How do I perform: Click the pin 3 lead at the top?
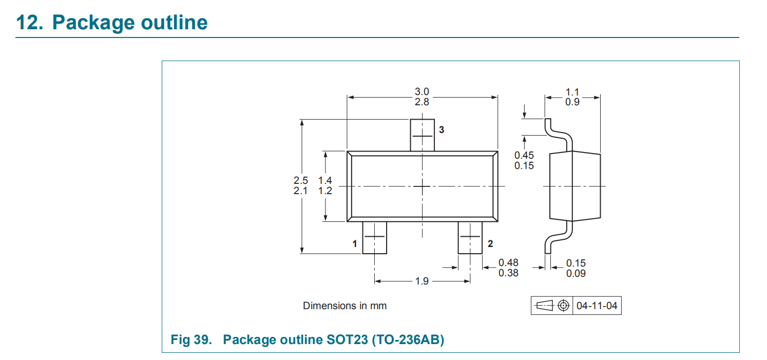(x=422, y=135)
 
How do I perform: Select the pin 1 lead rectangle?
(x=375, y=237)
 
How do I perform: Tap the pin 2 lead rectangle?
(x=470, y=237)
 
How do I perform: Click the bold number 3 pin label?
(x=442, y=130)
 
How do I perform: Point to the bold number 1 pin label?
(x=355, y=243)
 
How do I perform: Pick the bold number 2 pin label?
(x=490, y=243)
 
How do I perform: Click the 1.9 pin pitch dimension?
(x=422, y=281)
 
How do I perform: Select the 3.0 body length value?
(x=422, y=91)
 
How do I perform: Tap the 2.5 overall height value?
(x=301, y=180)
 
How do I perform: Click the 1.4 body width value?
(x=325, y=180)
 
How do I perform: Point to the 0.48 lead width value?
(x=508, y=262)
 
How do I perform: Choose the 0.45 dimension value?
(x=524, y=155)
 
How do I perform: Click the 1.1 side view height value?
(x=572, y=92)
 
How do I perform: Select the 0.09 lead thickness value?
(x=576, y=273)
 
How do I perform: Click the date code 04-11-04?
(x=597, y=306)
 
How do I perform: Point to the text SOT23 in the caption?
(x=347, y=339)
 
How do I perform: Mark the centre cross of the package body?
(x=422, y=186)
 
